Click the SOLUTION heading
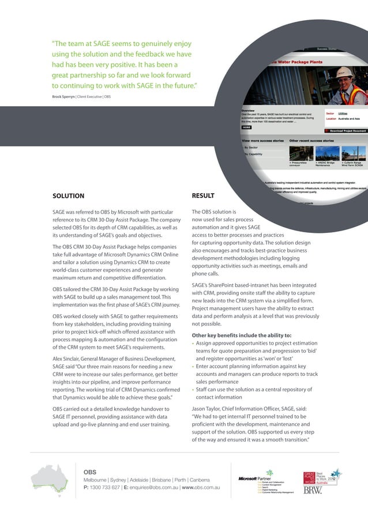[68, 195]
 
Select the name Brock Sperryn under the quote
[64, 96]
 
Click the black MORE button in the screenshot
[246, 127]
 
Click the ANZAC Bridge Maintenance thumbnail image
[326, 152]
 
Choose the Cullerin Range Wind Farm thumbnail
[353, 152]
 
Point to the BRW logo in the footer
[313, 491]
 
